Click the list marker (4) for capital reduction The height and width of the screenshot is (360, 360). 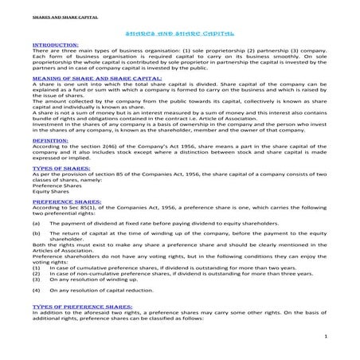tap(36, 290)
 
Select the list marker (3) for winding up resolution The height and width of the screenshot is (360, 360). tap(36, 280)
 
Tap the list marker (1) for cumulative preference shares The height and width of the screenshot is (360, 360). tap(36, 268)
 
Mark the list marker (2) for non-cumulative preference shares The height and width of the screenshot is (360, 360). tap(36, 274)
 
